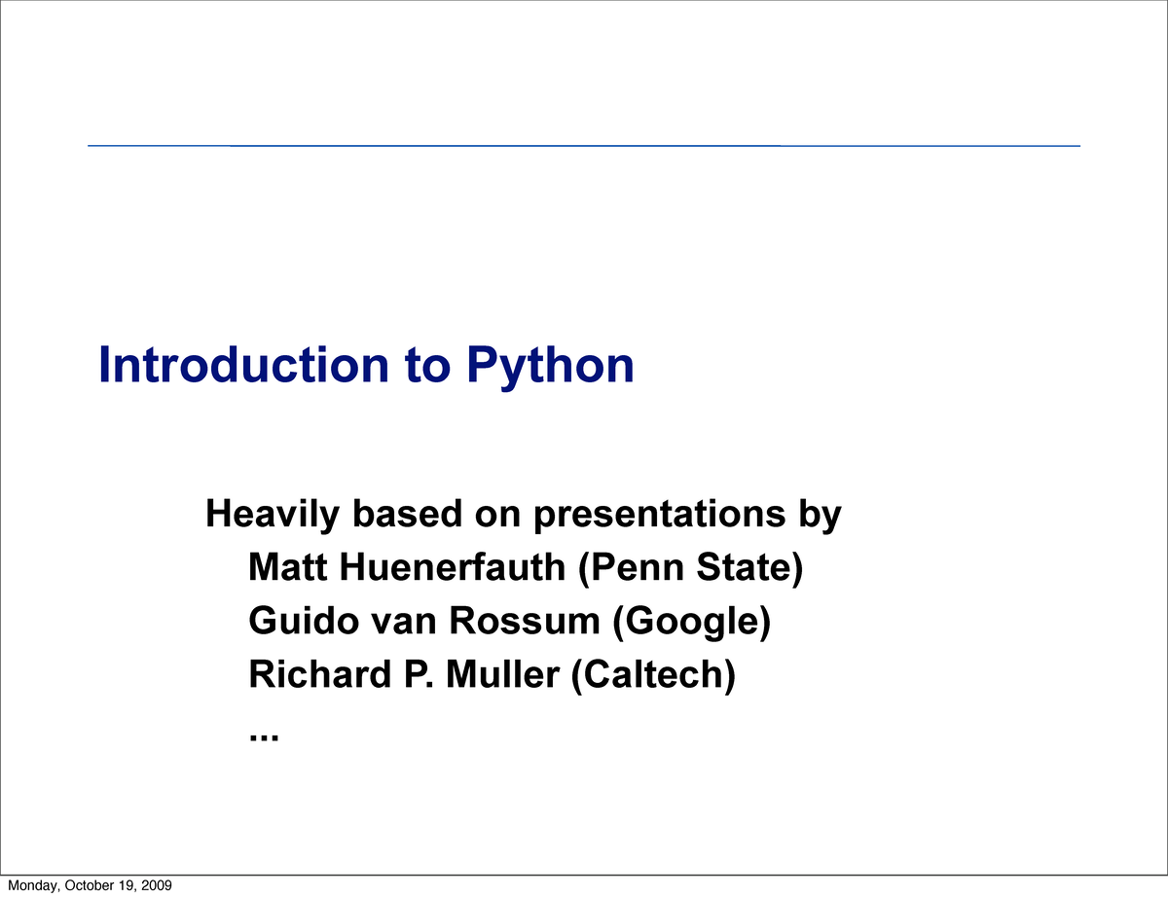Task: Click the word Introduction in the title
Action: point(242,365)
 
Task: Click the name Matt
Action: point(289,567)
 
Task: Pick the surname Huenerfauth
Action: point(454,567)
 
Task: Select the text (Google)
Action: point(692,622)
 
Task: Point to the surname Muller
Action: point(503,674)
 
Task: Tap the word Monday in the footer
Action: point(30,885)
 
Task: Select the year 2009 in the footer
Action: point(157,885)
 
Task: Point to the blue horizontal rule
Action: point(584,146)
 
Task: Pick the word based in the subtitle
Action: point(405,514)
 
